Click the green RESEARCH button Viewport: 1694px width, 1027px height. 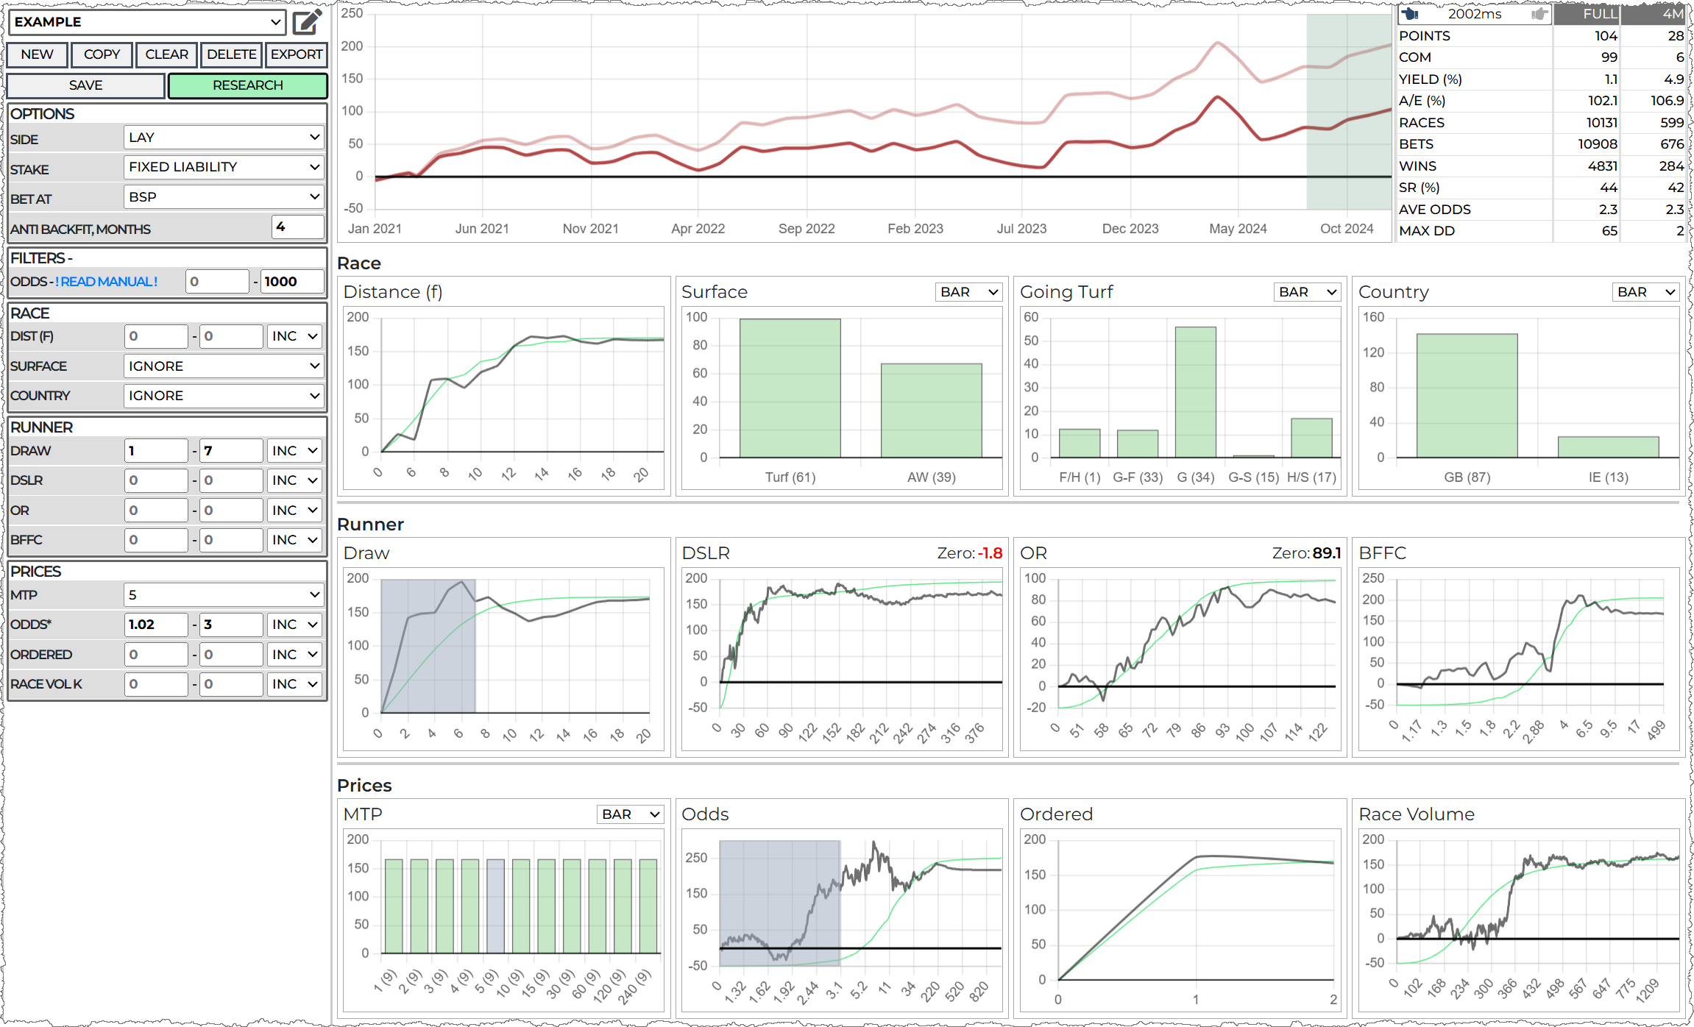(247, 85)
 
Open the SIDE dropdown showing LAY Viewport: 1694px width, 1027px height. (224, 138)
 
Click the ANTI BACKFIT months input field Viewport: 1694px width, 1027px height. (297, 227)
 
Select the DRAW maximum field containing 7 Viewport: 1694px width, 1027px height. (230, 451)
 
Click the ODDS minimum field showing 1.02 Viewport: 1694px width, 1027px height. (155, 625)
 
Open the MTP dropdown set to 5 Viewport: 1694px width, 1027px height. (224, 594)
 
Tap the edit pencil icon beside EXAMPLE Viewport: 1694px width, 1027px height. (307, 22)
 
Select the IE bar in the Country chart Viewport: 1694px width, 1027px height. (1608, 447)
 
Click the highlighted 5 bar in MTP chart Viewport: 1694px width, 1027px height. (495, 906)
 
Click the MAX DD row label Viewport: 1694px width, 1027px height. (1426, 231)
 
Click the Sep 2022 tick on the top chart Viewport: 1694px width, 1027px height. (807, 229)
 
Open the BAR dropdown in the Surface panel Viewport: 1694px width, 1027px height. (968, 292)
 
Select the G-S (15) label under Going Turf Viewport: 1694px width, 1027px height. (1253, 477)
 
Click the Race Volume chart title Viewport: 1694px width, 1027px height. (1416, 814)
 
